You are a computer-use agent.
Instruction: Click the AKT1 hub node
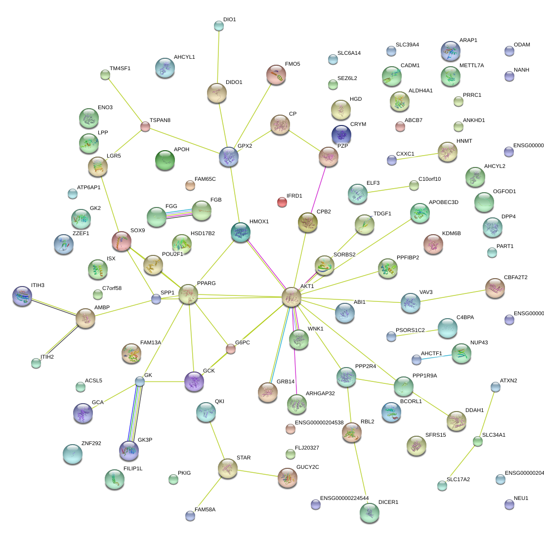[292, 297]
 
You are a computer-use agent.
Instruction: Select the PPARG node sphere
[188, 294]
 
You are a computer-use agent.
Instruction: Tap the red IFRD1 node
[282, 202]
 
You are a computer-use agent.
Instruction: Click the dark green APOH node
[165, 160]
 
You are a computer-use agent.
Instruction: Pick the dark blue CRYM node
[341, 134]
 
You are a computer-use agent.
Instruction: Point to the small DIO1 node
[219, 26]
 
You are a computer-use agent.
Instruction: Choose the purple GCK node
[194, 381]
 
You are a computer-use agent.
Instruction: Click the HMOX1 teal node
[241, 232]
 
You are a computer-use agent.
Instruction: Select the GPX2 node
[229, 157]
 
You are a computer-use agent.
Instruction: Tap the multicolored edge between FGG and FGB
[179, 213]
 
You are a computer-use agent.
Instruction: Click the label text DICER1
[388, 502]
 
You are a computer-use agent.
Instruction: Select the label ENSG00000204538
[326, 422]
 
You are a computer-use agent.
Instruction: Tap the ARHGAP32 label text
[321, 393]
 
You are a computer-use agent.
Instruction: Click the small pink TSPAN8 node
[145, 126]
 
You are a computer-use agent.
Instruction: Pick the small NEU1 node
[509, 504]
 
